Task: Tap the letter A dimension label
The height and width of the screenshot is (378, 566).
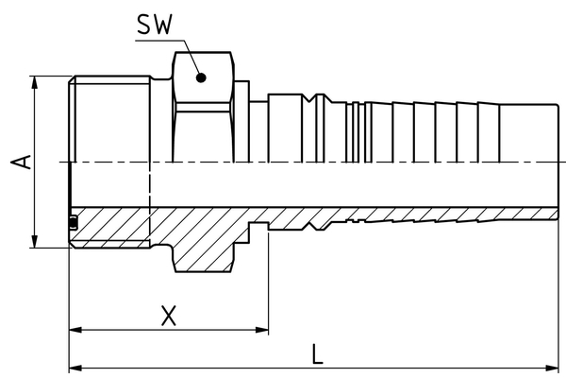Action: (x=21, y=162)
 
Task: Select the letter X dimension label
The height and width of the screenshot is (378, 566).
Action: (x=168, y=315)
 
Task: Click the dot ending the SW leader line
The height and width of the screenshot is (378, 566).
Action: (x=200, y=79)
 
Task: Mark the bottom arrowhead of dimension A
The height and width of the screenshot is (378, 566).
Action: (x=36, y=243)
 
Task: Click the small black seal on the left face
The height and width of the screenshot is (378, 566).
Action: (x=73, y=223)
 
